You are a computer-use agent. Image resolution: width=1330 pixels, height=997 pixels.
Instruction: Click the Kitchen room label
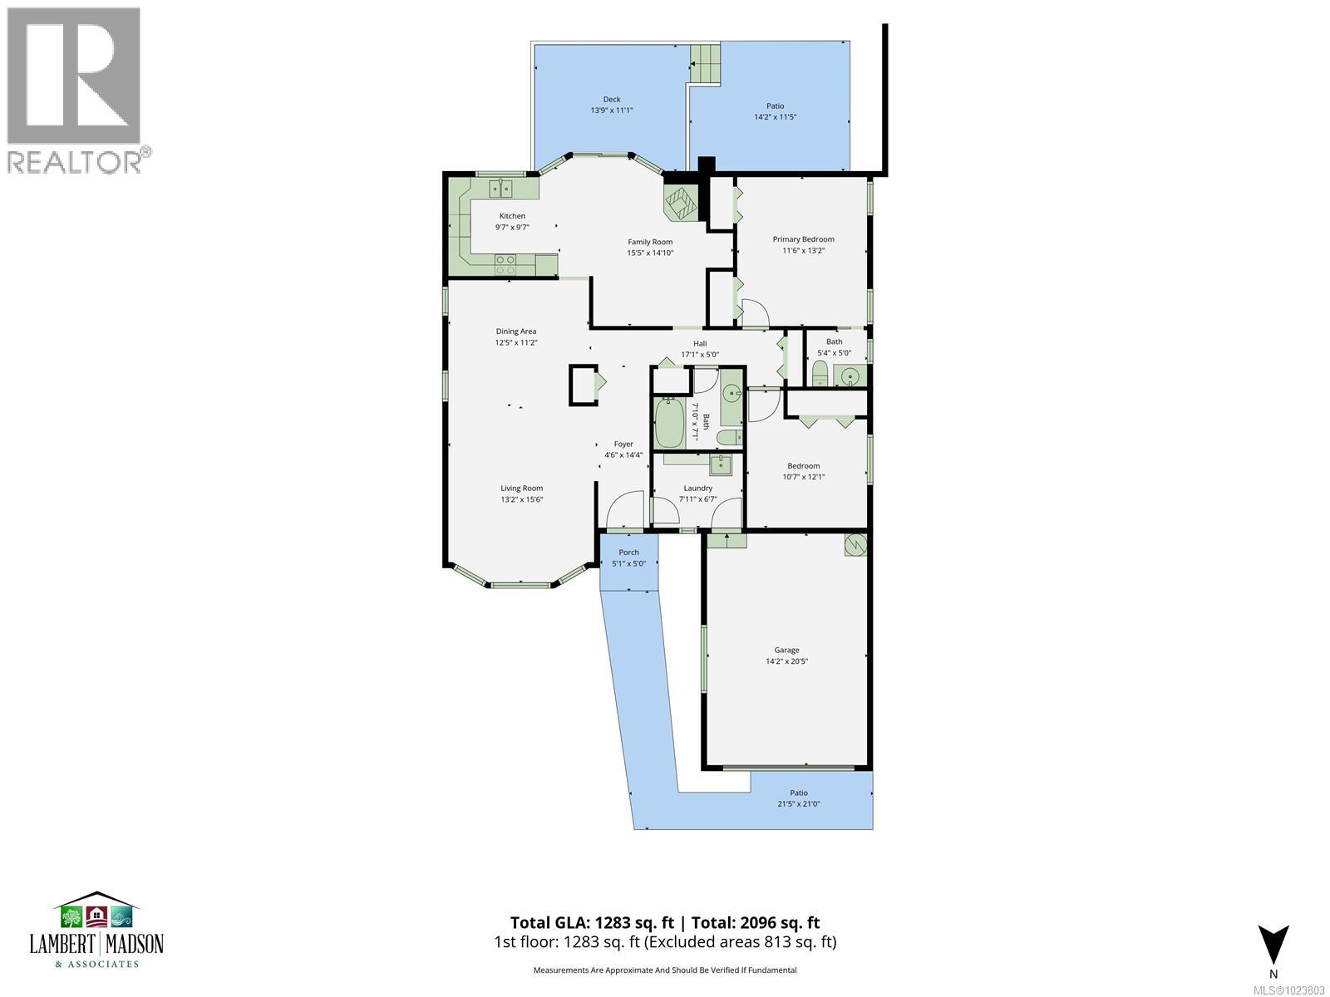pyautogui.click(x=512, y=216)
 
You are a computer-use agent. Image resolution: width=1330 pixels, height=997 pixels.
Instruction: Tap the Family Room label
pyautogui.click(x=650, y=242)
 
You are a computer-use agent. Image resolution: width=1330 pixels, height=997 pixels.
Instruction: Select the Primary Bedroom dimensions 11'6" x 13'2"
pyautogui.click(x=803, y=250)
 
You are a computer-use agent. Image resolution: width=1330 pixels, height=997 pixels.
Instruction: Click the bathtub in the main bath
pyautogui.click(x=669, y=424)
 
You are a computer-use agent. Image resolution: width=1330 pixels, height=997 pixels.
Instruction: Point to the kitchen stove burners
pyautogui.click(x=505, y=265)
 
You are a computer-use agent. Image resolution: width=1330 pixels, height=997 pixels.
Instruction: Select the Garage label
pyautogui.click(x=786, y=650)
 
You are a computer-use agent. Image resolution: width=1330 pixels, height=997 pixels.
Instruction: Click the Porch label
pyautogui.click(x=629, y=553)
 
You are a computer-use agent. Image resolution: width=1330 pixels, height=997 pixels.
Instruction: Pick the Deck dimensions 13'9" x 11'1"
pyautogui.click(x=612, y=110)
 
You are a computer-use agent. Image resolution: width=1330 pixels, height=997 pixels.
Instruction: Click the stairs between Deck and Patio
pyautogui.click(x=705, y=61)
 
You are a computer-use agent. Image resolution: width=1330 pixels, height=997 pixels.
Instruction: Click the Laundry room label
pyautogui.click(x=698, y=489)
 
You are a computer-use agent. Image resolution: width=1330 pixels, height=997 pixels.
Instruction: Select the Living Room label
pyautogui.click(x=521, y=489)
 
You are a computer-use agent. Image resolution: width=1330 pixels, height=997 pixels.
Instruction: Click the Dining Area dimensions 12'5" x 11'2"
pyautogui.click(x=516, y=342)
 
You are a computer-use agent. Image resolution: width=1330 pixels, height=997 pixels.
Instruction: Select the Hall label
pyautogui.click(x=700, y=343)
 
